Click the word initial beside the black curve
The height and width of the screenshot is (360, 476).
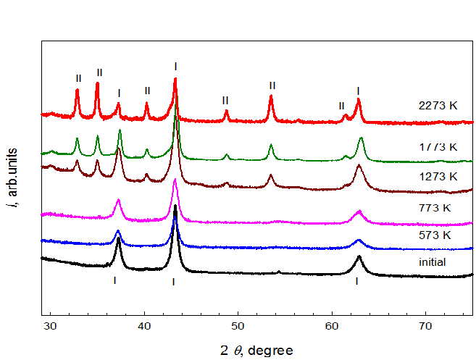click(432, 262)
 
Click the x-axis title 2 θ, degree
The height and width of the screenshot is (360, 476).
click(256, 351)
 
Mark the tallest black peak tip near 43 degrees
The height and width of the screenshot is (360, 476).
click(175, 206)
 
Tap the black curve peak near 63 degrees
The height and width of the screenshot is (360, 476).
click(358, 256)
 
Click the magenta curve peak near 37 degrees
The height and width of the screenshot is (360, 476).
click(118, 199)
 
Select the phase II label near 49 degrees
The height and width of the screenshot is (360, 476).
click(225, 100)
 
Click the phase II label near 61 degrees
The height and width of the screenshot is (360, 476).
click(341, 106)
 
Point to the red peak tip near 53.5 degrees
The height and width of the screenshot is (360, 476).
click(271, 96)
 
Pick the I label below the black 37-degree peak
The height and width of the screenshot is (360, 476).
click(114, 280)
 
